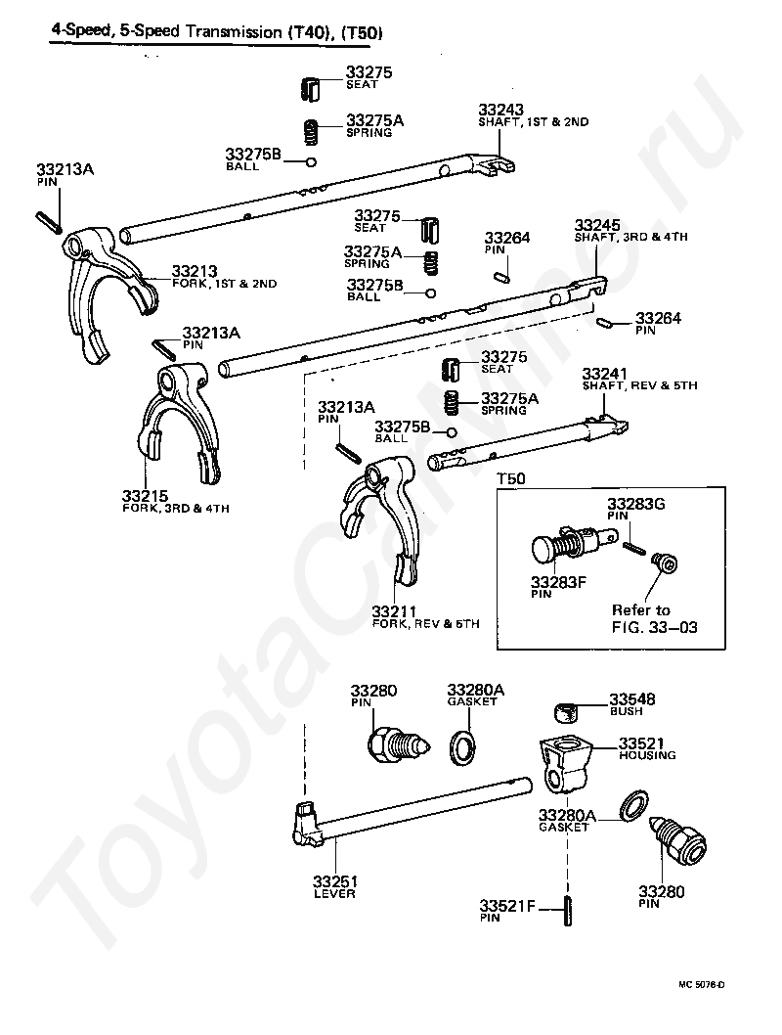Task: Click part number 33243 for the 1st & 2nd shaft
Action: click(500, 109)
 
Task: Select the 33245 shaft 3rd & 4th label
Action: click(595, 224)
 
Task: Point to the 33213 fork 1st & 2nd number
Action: click(194, 271)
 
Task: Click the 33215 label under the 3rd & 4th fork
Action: click(145, 496)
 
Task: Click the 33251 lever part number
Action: click(334, 880)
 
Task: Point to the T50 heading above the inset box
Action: click(511, 479)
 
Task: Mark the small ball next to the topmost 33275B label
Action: click(311, 161)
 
